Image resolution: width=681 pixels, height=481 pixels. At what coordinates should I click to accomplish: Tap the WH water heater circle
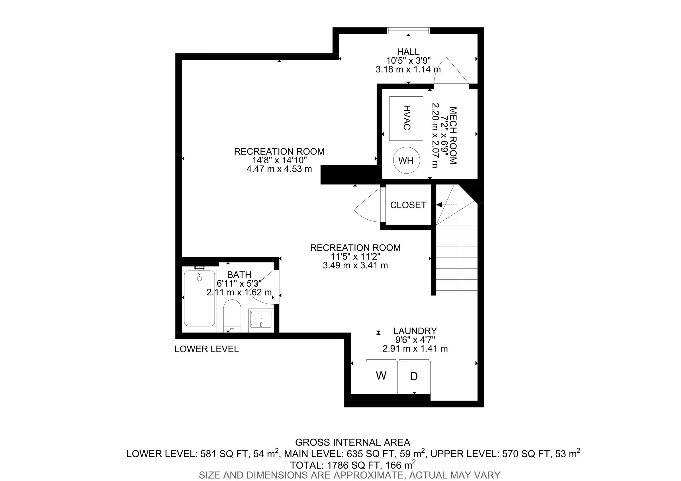406,160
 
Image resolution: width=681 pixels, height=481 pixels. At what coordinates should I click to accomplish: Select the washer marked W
381,377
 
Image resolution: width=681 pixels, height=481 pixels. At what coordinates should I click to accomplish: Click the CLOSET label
408,205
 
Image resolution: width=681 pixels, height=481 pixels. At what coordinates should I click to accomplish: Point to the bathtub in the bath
199,298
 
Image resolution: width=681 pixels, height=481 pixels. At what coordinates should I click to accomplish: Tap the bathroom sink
261,319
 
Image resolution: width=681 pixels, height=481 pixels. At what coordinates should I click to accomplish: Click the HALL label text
408,52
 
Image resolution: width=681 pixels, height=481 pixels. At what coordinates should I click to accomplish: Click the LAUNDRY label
415,331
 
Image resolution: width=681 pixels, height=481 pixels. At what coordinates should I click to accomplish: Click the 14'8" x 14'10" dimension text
279,160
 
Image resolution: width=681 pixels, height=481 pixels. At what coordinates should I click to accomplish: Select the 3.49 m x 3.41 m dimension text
355,265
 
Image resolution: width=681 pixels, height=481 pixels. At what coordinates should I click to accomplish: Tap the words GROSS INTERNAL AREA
353,442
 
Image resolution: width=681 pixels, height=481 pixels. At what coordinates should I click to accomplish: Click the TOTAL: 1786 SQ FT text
353,464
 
